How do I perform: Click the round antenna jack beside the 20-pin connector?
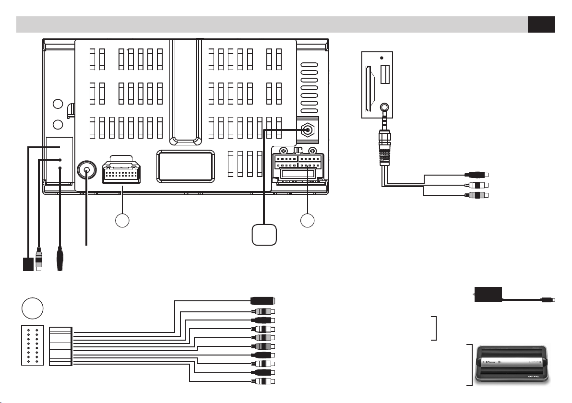(86, 170)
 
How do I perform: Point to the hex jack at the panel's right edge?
(306, 130)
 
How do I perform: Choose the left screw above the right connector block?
(284, 150)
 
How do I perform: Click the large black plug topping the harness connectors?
(263, 302)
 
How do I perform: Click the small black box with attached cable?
(488, 295)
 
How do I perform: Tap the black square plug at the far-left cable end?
(28, 264)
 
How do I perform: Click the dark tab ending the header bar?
(541, 24)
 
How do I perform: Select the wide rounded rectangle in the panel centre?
(185, 166)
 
